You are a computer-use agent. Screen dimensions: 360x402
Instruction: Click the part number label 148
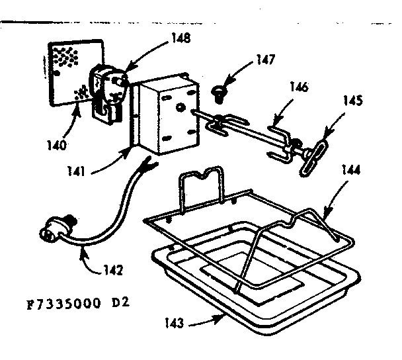(178, 38)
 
